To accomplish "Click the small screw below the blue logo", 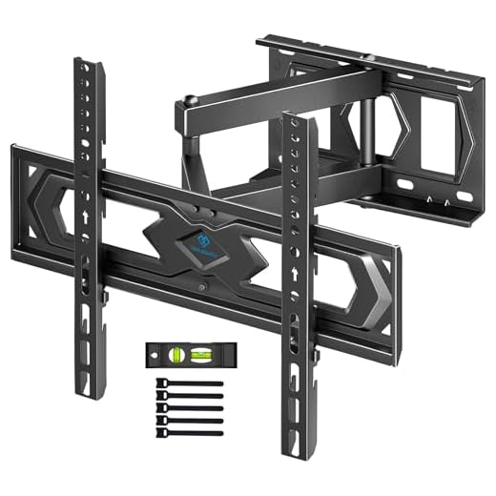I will click(x=201, y=284).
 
